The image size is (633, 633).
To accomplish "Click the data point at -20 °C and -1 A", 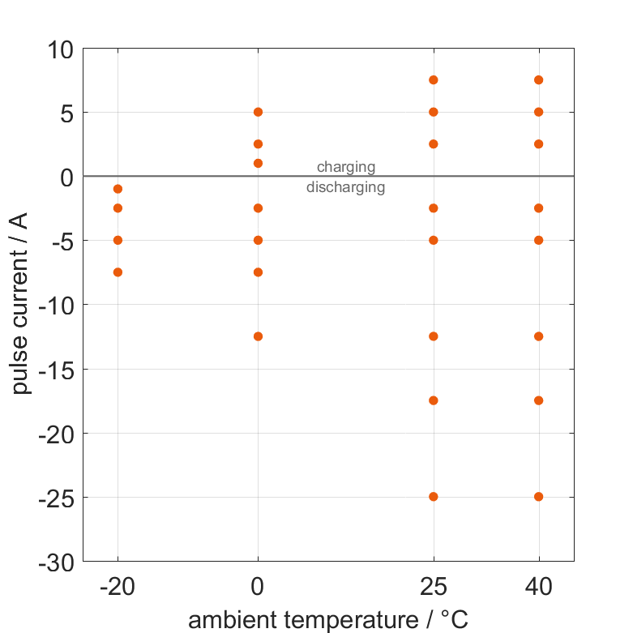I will click(x=118, y=189).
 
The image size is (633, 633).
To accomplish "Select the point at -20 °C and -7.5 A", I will click(x=118, y=272).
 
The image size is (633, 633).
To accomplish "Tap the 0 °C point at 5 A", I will click(x=258, y=112).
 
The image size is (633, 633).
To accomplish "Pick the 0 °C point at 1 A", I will click(x=258, y=163).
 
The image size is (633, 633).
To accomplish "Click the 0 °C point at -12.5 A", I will click(x=258, y=336).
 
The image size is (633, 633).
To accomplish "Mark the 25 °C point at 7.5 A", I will click(x=434, y=80).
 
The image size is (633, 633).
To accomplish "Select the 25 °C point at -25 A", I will click(x=434, y=497).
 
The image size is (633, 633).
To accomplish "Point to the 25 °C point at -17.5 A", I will click(x=434, y=400).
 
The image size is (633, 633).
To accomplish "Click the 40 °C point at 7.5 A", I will click(x=539, y=80).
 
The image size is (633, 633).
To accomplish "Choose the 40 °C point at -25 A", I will click(x=539, y=497).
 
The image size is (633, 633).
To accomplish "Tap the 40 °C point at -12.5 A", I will click(x=539, y=336).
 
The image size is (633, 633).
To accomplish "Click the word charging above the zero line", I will click(x=346, y=168).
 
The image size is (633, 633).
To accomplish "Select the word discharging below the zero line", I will click(x=346, y=188).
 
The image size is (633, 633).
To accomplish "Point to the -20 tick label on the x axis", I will click(x=118, y=587).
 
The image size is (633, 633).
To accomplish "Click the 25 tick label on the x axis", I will click(x=434, y=587).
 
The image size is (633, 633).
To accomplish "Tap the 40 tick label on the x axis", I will click(x=539, y=587).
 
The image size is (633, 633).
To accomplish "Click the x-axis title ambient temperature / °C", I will click(x=328, y=620).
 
